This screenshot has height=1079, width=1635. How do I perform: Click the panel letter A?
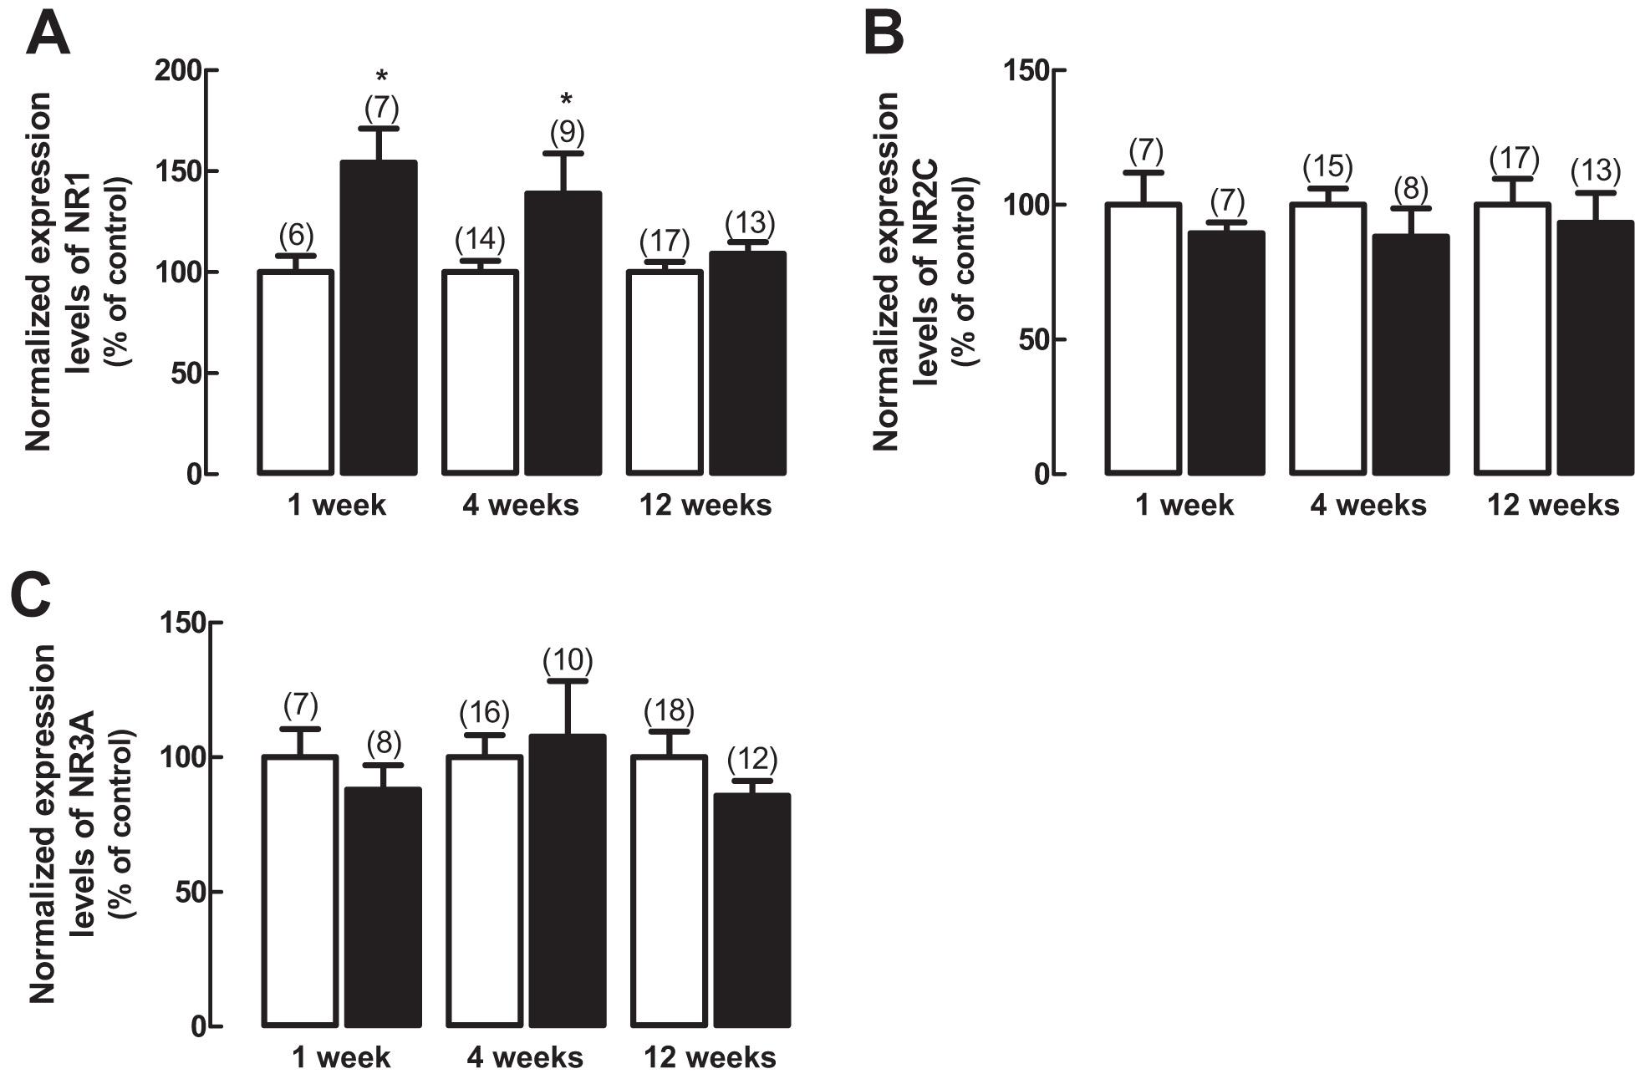[x=48, y=35]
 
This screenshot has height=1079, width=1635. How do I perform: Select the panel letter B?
[x=884, y=35]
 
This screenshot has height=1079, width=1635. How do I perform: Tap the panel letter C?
[x=32, y=593]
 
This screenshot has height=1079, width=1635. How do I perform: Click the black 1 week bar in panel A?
[x=379, y=318]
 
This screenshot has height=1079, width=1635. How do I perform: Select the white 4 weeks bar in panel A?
[x=481, y=372]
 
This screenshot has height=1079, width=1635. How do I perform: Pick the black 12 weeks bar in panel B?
[x=1596, y=347]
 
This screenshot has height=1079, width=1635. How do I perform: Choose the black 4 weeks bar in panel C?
[x=568, y=879]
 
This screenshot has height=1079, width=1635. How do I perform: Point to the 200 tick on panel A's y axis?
[x=179, y=71]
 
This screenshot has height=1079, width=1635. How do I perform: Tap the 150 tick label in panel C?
[x=183, y=623]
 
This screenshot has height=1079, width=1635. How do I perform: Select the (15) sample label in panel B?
[x=1327, y=167]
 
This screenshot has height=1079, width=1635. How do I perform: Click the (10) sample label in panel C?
[x=568, y=661]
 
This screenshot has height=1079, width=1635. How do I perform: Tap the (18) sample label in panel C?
[x=669, y=711]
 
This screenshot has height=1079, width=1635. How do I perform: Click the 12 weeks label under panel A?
[x=705, y=505]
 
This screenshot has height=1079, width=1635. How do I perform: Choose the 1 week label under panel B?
[x=1184, y=505]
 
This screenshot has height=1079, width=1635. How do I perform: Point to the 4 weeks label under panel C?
[x=525, y=1057]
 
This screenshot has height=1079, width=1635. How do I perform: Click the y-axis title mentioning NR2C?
[x=924, y=272]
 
